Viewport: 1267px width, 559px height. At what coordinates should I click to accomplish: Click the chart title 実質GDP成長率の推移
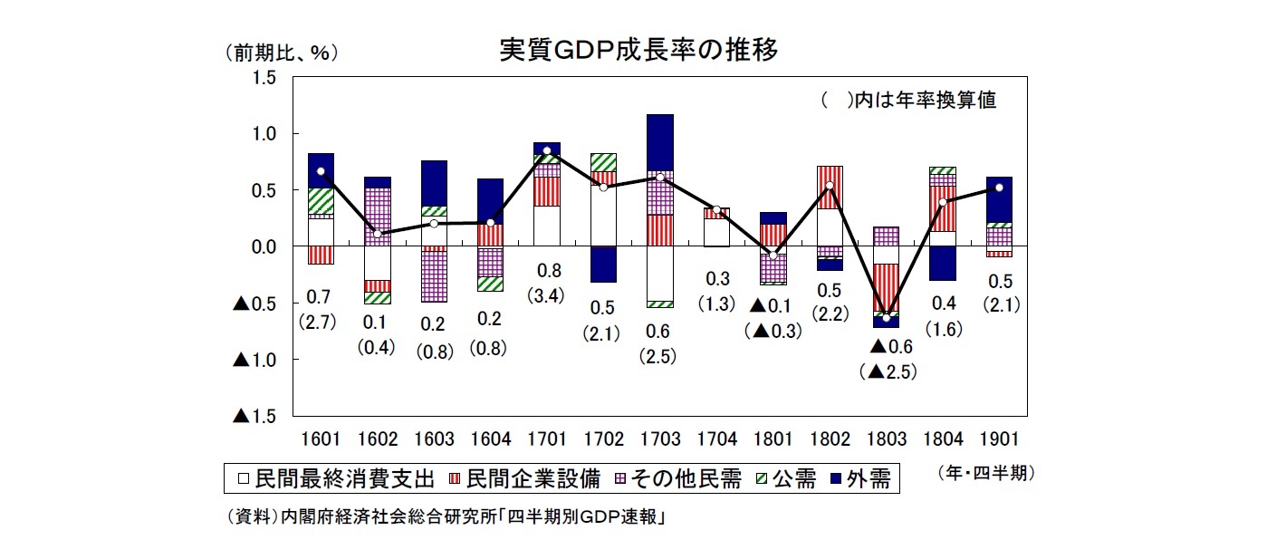(x=638, y=49)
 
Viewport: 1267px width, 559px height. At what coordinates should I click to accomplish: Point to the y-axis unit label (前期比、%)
(x=282, y=53)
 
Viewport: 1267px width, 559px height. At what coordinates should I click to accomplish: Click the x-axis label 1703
(x=660, y=439)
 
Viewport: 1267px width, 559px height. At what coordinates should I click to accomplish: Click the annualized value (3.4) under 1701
(x=547, y=294)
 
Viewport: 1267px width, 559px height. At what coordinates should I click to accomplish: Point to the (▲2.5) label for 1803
(x=886, y=371)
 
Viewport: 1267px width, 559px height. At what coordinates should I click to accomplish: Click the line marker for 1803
(x=886, y=318)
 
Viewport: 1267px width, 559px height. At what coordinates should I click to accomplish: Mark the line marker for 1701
(x=547, y=150)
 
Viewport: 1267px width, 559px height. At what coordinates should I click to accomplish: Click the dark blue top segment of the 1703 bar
(x=660, y=141)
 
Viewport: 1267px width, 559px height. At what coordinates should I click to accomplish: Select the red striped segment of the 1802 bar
(x=830, y=188)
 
